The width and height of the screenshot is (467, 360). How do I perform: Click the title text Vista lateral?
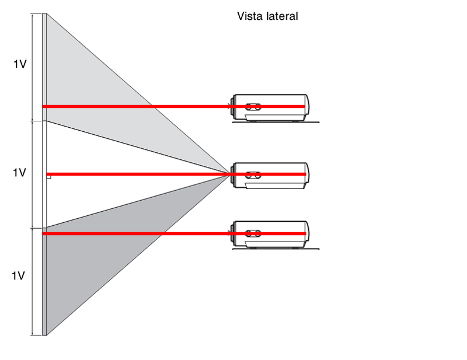267,16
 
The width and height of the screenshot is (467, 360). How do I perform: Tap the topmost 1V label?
20,65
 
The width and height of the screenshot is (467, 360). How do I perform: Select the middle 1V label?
20,173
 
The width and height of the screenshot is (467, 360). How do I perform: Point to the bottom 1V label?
18,276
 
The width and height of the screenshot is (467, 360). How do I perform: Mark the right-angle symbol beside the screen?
49,176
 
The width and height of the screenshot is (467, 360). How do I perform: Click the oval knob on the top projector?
253,108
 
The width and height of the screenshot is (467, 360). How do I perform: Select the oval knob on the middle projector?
253,174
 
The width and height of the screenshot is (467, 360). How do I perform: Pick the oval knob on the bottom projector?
253,233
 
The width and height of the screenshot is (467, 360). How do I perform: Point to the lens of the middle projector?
233,173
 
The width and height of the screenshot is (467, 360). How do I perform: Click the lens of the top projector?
233,106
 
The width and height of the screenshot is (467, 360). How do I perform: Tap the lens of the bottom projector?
233,233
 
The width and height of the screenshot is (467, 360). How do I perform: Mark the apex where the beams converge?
229,173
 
